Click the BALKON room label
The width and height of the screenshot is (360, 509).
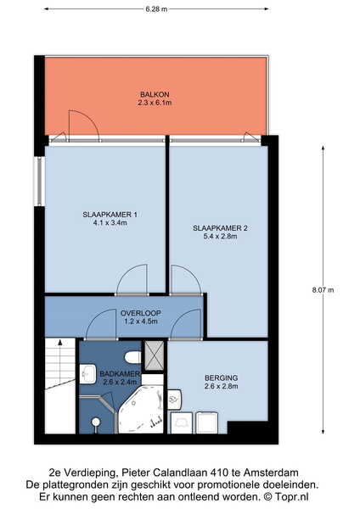pyautogui.click(x=155, y=94)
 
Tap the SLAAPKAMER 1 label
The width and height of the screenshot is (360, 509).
pyautogui.click(x=110, y=215)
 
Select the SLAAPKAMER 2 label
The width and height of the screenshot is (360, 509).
pyautogui.click(x=220, y=228)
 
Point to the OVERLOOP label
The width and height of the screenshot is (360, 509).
pyautogui.click(x=141, y=313)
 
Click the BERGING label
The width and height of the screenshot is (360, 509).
pyautogui.click(x=222, y=378)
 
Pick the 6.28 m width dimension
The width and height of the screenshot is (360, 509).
pyautogui.click(x=156, y=9)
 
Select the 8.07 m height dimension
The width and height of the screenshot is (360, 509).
pyautogui.click(x=323, y=290)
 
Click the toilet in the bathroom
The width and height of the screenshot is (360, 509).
pyautogui.click(x=133, y=357)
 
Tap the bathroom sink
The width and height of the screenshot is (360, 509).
pyautogui.click(x=88, y=373)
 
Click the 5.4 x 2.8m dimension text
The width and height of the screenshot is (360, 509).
pyautogui.click(x=220, y=237)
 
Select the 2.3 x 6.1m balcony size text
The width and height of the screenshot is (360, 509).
pyautogui.click(x=155, y=103)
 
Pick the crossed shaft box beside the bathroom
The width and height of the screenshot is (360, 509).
pyautogui.click(x=154, y=355)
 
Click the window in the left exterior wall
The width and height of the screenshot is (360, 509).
pyautogui.click(x=40, y=182)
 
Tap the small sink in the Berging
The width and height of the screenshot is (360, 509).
pyautogui.click(x=174, y=399)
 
